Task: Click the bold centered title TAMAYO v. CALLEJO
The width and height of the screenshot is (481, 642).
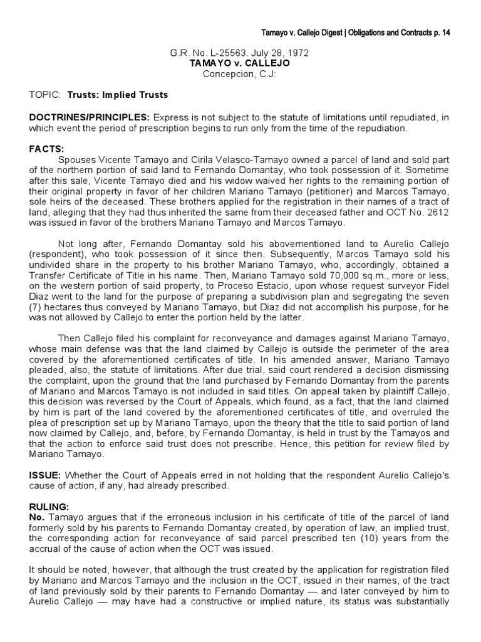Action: tap(240, 64)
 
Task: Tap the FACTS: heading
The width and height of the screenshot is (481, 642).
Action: tap(47, 149)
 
